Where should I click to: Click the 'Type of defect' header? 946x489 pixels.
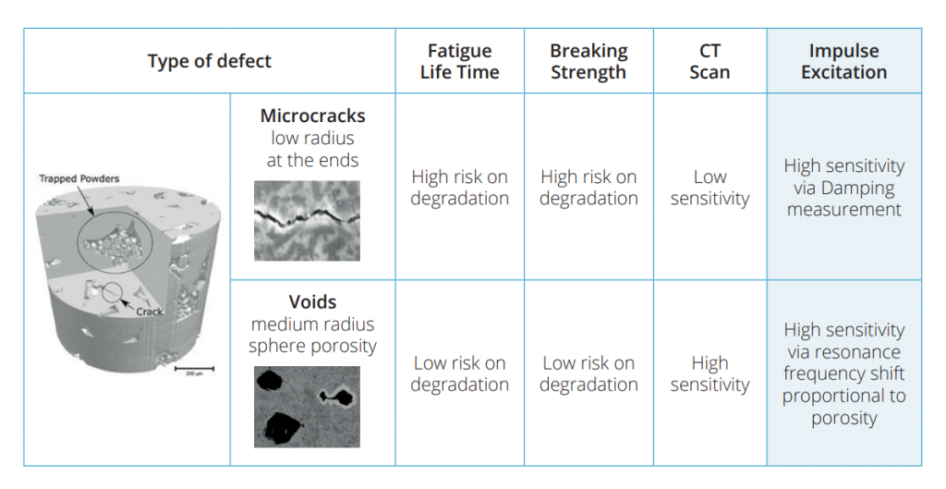coord(210,61)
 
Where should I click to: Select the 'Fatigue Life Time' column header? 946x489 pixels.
coord(460,61)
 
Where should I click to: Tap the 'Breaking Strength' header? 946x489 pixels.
coord(588,61)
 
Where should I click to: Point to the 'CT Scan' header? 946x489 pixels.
coord(709,61)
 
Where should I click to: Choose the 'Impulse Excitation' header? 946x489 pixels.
coord(844,61)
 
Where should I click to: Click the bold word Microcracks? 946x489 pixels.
coord(312,116)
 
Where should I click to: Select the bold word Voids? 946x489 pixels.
coord(312,301)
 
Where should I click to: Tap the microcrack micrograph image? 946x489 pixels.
coord(307,220)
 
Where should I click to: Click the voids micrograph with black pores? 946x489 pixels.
coord(307,407)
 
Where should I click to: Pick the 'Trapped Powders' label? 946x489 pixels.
coord(79,178)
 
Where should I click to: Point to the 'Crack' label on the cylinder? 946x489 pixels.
coord(150,312)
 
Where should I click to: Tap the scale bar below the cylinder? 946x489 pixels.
coord(194,368)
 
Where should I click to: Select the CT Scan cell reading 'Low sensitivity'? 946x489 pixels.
coord(709,188)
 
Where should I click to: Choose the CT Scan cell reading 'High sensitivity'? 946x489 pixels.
coord(709,373)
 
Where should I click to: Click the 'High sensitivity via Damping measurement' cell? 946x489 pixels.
coord(844,188)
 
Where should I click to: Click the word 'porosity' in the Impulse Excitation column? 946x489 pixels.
coord(844,418)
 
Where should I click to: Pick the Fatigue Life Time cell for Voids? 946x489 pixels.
coord(460,373)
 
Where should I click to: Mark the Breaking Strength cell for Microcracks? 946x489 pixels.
coord(588,188)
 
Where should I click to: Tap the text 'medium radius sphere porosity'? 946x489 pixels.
coord(312,335)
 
